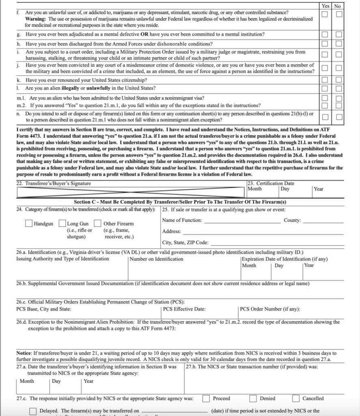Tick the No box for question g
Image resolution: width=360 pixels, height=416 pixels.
point(339,34)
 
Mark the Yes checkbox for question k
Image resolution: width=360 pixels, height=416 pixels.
point(325,80)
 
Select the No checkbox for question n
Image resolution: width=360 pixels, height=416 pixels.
point(339,117)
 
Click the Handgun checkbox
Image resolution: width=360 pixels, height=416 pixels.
point(29,223)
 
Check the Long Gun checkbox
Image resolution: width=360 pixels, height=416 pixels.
point(63,223)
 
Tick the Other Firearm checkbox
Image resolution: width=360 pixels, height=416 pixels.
point(97,223)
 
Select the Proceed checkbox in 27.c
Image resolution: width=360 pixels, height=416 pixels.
point(206,398)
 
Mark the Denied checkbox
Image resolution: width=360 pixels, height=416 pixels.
point(253,398)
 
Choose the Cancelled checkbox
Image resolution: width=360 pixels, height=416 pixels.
point(296,398)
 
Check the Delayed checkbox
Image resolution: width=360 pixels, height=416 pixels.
point(33,411)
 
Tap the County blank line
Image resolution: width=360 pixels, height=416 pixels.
point(323,222)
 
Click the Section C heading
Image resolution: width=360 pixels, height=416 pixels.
point(180,202)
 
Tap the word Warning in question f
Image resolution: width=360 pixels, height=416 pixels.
point(36,19)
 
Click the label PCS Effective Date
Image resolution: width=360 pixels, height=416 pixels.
point(183,309)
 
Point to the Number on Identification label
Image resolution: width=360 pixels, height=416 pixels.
point(151,259)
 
